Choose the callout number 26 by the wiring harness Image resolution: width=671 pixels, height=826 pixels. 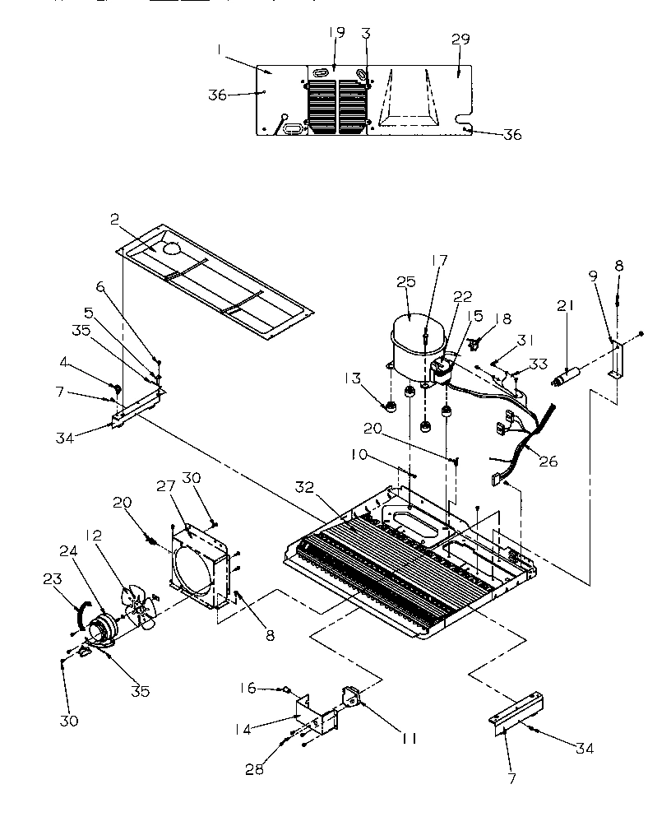(547, 461)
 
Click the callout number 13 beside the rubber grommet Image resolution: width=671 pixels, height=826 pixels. (353, 378)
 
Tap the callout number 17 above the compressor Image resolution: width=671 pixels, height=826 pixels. (440, 260)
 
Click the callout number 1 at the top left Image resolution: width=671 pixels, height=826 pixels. (220, 50)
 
